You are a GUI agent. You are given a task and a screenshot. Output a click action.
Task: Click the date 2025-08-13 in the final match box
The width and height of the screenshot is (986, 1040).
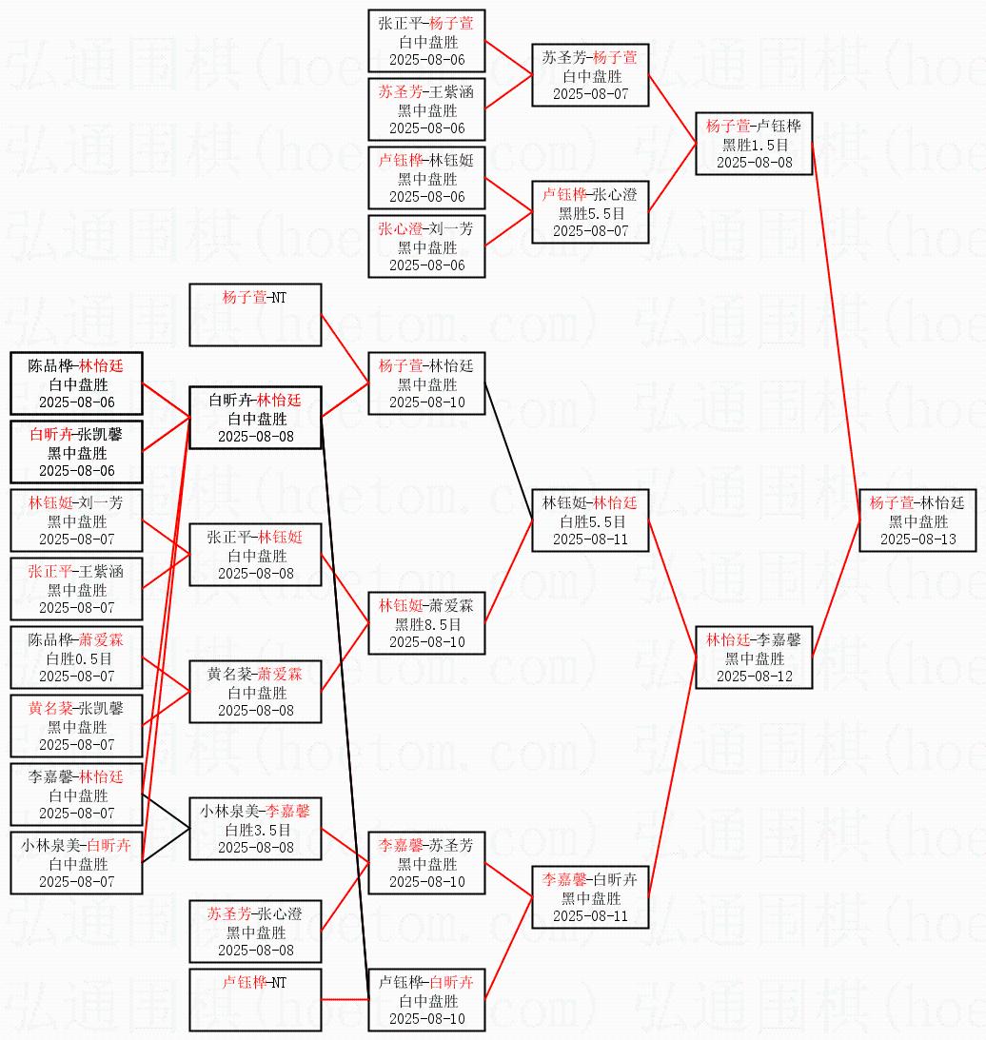[x=917, y=539]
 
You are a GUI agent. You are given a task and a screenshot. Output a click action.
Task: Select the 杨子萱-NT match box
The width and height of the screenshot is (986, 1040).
[x=255, y=314]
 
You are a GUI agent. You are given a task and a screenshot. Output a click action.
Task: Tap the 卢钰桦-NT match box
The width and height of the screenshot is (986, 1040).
[x=255, y=998]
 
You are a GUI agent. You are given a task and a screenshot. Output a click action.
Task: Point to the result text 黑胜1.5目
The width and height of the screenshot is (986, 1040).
[x=754, y=145]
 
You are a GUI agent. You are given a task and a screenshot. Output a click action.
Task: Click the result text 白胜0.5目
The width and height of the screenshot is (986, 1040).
[x=76, y=658]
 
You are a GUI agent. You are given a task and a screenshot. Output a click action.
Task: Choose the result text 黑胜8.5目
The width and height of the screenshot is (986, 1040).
[x=427, y=624]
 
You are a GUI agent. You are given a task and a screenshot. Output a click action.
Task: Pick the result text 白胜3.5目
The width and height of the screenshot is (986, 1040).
[x=255, y=830]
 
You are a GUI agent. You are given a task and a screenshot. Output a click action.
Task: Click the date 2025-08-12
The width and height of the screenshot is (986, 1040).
[x=754, y=676]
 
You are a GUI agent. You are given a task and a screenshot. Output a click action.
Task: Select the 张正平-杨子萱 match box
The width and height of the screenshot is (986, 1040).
[x=427, y=41]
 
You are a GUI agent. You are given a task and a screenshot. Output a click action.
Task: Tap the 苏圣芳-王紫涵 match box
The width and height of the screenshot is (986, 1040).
[x=427, y=109]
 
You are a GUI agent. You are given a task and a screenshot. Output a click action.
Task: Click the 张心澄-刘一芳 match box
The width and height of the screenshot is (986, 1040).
[x=427, y=246]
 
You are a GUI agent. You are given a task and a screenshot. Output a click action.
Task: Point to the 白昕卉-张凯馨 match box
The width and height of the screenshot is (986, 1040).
[x=76, y=452]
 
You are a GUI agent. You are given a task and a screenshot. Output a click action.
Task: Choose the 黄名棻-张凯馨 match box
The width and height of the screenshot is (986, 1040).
[x=76, y=726]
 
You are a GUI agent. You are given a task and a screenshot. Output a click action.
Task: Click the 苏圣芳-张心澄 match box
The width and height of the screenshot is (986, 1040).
[x=255, y=932]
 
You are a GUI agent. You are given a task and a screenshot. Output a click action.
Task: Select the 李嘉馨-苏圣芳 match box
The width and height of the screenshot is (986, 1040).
[x=427, y=863]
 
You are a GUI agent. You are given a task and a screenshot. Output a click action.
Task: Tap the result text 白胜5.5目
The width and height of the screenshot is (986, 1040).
[x=590, y=521]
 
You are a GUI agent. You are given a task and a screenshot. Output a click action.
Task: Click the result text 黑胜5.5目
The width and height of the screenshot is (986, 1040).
[x=590, y=213]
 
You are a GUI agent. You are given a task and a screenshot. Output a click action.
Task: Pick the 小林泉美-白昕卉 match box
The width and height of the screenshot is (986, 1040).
[x=76, y=863]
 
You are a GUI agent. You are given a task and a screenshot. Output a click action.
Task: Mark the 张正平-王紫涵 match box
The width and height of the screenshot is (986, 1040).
[x=76, y=589]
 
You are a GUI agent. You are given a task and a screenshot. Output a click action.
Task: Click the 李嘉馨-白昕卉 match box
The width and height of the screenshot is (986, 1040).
[x=590, y=897]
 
